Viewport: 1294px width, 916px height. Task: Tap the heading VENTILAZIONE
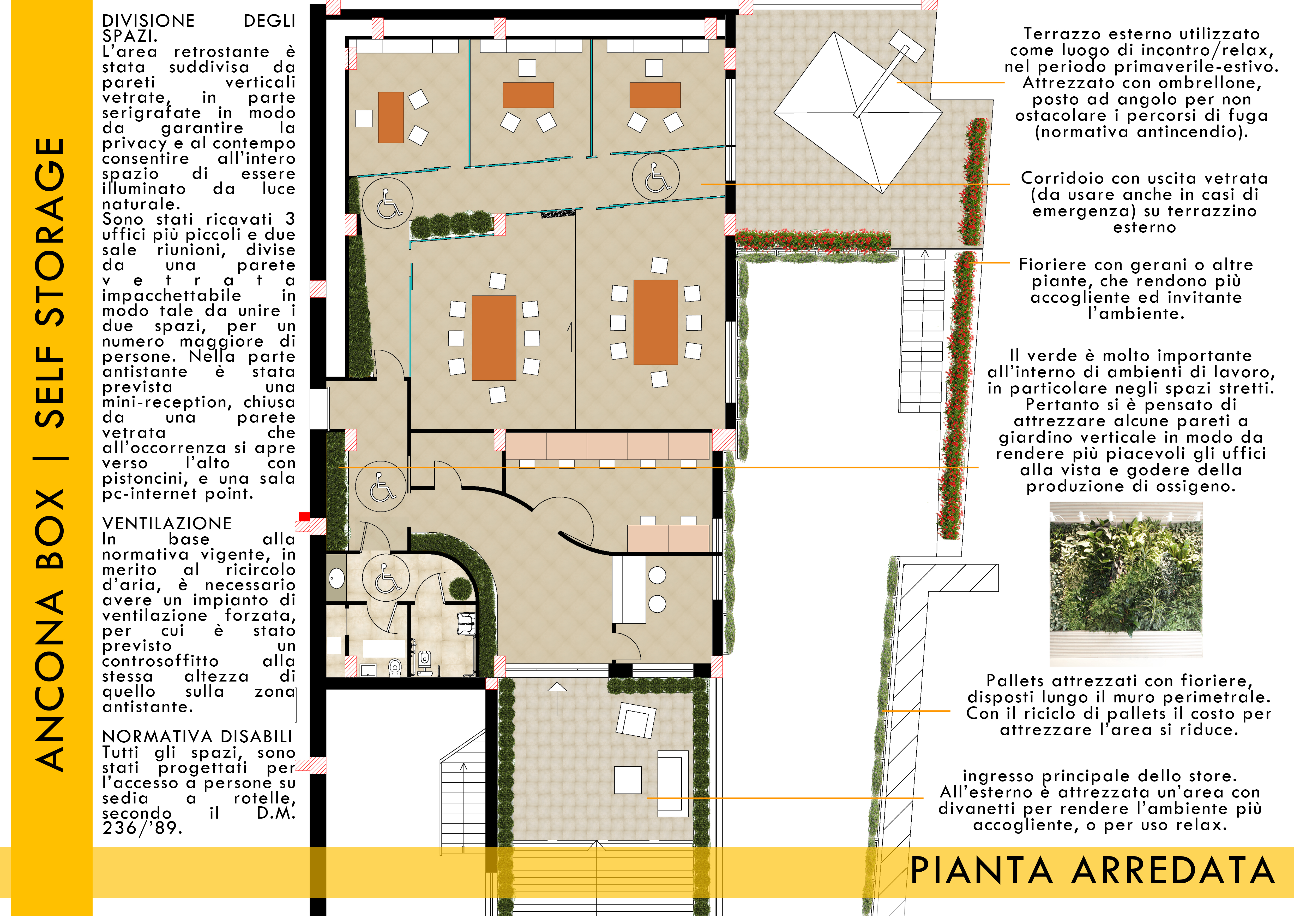pos(167,524)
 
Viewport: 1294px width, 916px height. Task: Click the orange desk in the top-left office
pos(390,117)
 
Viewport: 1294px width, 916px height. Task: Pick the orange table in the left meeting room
pos(494,338)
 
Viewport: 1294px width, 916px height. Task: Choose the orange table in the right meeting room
pos(655,322)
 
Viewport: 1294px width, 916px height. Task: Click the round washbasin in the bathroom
pos(336,578)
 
